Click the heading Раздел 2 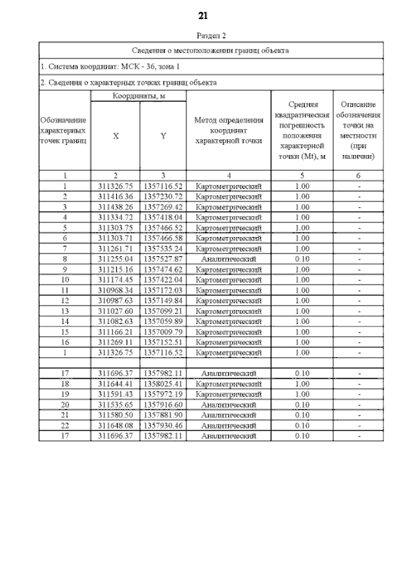click(203, 36)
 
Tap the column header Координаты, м click(138, 95)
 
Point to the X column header click(115, 135)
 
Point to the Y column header click(163, 135)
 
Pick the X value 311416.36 click(115, 196)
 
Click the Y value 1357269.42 click(163, 207)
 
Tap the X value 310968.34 click(115, 290)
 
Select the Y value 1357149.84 click(163, 301)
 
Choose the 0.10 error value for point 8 click(302, 259)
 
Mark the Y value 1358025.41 click(163, 384)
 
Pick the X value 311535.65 click(115, 405)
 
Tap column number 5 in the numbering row click(302, 175)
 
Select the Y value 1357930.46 click(163, 426)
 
